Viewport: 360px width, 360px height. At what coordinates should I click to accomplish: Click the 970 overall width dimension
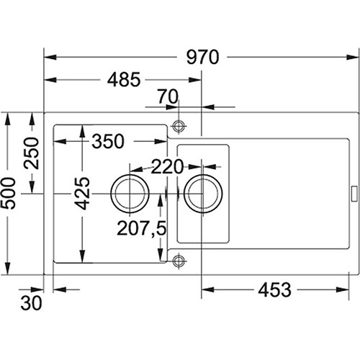click(203, 57)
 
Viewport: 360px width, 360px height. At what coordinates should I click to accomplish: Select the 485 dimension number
click(124, 79)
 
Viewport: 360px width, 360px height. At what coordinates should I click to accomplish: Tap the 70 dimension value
click(168, 96)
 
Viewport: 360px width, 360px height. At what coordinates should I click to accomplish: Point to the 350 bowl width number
click(108, 141)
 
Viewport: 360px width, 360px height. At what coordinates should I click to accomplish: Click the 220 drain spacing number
click(167, 166)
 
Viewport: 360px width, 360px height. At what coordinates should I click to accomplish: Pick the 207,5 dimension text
click(142, 228)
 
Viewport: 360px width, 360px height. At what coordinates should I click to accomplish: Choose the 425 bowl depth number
click(82, 194)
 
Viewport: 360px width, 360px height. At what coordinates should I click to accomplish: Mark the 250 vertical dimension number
click(31, 153)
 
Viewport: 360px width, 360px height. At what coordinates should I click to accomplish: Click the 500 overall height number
click(8, 194)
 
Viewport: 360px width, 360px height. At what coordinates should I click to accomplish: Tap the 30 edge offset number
click(31, 303)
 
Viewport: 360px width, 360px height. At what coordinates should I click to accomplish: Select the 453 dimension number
click(275, 289)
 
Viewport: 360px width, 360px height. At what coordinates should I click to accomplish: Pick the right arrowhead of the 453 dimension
click(343, 289)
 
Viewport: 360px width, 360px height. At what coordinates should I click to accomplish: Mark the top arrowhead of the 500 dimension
click(8, 119)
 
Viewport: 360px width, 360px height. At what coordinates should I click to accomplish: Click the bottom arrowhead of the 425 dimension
click(82, 256)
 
